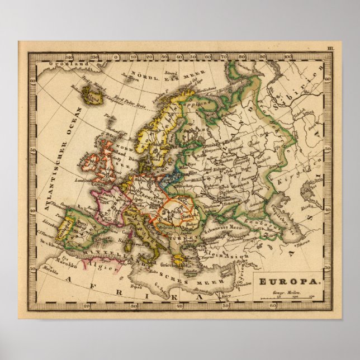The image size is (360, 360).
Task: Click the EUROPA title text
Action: (289, 282)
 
